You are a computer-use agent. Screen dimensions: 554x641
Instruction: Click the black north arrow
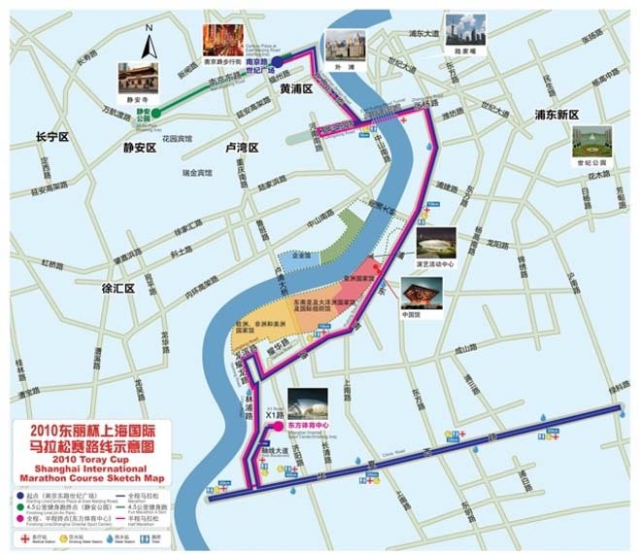click(x=150, y=44)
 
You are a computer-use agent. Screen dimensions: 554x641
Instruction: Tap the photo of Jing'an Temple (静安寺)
click(x=137, y=79)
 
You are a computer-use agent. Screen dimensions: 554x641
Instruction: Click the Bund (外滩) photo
click(x=345, y=44)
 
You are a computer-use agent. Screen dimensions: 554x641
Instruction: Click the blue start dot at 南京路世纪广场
click(x=279, y=61)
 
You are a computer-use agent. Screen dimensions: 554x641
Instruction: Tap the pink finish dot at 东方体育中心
click(x=278, y=426)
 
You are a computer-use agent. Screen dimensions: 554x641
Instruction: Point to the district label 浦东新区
click(x=557, y=115)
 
